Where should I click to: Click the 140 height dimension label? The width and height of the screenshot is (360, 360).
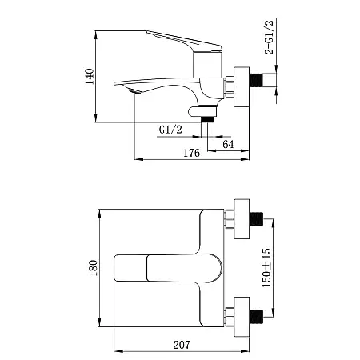coord(90,77)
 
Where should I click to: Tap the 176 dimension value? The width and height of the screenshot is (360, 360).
coord(191,153)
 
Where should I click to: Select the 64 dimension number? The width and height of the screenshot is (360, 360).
coord(228,144)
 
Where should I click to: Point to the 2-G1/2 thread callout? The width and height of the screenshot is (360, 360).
coord(269,37)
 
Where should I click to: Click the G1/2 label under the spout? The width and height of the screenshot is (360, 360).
coord(170,130)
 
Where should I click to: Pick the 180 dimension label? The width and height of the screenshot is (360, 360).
coord(93,268)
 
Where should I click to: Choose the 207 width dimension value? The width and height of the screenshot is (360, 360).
coord(182,345)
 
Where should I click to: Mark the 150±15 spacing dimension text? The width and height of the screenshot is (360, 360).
coord(266,268)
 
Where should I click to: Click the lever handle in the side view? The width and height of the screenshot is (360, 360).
coord(185,41)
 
